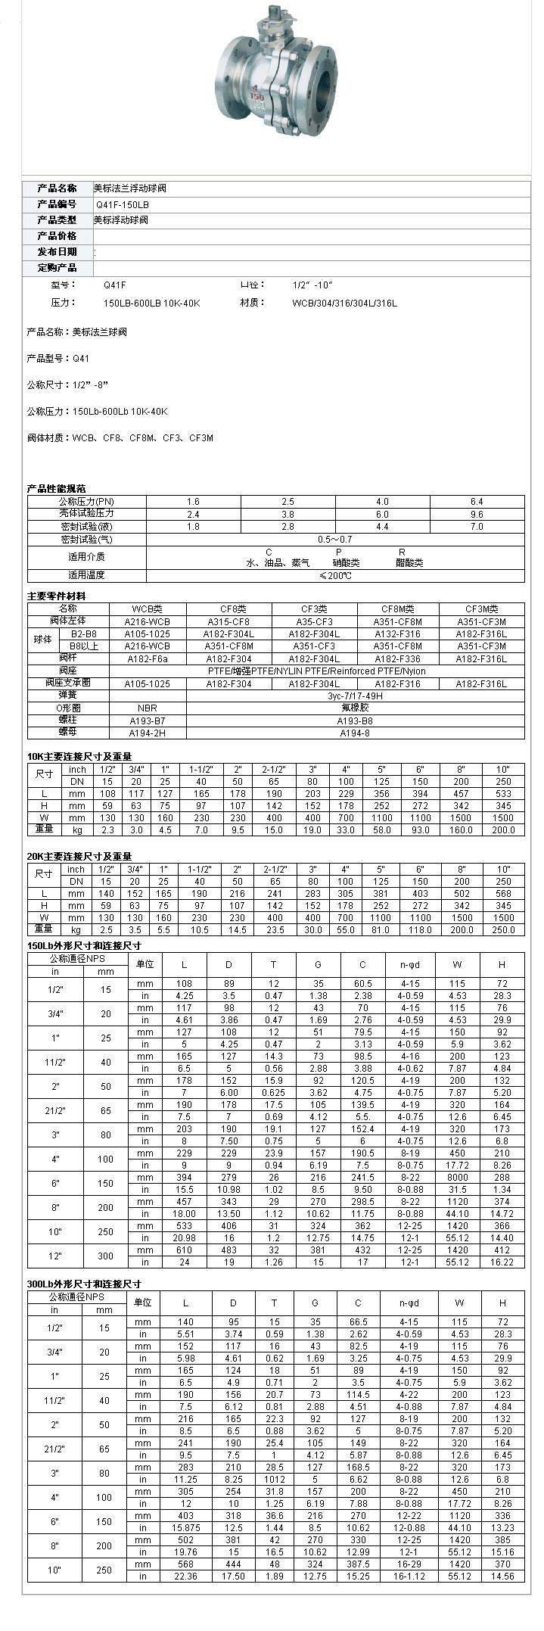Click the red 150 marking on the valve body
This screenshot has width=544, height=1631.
click(x=256, y=98)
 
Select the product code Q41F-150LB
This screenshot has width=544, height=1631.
click(x=122, y=204)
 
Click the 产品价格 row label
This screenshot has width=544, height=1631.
click(x=58, y=236)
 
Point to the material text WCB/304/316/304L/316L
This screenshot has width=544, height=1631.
click(x=344, y=303)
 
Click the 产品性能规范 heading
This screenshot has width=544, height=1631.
click(x=57, y=489)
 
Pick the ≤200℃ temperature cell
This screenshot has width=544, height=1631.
click(x=334, y=575)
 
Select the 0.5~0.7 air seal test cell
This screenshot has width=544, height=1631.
click(x=334, y=540)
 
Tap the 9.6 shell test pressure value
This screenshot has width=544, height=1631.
click(x=477, y=514)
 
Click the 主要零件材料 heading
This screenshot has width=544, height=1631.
click(x=57, y=596)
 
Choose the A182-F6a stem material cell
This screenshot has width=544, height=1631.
click(x=148, y=658)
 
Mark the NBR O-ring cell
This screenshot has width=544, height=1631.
click(x=148, y=708)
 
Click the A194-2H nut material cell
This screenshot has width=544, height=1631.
click(x=148, y=733)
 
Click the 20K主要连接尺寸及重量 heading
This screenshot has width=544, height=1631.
click(x=79, y=857)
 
